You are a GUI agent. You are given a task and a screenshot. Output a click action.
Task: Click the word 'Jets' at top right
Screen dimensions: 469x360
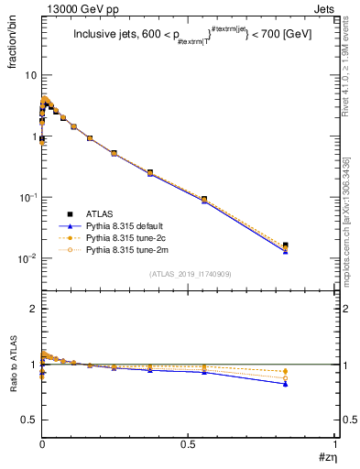(x=324, y=9)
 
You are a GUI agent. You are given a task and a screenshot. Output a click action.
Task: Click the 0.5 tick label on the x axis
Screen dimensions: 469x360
(x=189, y=443)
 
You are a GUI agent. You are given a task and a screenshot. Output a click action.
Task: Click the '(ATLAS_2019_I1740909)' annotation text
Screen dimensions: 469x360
(x=189, y=274)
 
